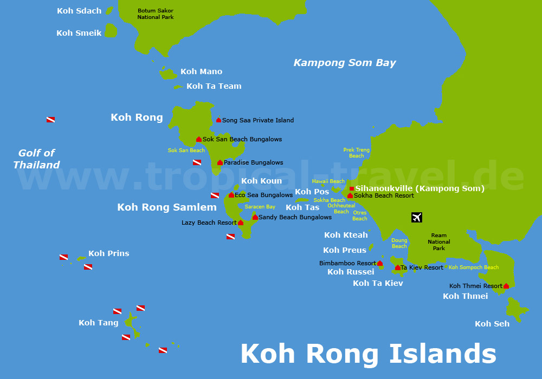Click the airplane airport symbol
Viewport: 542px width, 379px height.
tap(416, 217)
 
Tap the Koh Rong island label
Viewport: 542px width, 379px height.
tap(137, 117)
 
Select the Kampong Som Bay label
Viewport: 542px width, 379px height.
tap(345, 63)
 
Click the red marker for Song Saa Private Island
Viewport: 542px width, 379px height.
tap(219, 120)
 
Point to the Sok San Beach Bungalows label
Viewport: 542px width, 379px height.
tap(242, 139)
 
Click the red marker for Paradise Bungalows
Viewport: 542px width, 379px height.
tap(220, 162)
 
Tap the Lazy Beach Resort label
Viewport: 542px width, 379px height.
tap(209, 223)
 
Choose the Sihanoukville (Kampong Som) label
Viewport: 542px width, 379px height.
tap(420, 188)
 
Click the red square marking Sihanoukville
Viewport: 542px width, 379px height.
tap(352, 188)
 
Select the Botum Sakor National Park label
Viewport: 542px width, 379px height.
tap(156, 14)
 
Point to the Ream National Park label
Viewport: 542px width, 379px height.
tap(439, 241)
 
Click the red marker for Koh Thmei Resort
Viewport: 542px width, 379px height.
tap(506, 286)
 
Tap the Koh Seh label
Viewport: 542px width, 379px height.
tap(492, 324)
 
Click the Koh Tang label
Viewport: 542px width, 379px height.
tap(98, 323)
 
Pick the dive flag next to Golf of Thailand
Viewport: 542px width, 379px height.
tap(50, 120)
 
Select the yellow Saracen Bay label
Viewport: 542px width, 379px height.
tap(260, 207)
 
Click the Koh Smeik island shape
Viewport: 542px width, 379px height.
tap(111, 31)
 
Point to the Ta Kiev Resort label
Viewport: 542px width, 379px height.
tap(422, 267)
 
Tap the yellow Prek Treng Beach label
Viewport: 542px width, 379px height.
tap(356, 153)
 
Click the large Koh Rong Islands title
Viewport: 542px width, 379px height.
tap(368, 354)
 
